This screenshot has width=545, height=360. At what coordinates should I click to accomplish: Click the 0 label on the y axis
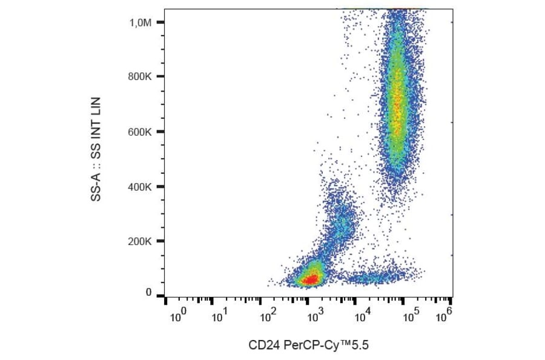pos(148,293)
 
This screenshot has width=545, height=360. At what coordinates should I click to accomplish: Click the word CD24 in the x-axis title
pos(263,346)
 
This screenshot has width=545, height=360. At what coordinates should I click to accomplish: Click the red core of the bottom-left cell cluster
pos(311,279)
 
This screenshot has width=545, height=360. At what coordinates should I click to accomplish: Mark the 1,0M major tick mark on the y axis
pos(160,22)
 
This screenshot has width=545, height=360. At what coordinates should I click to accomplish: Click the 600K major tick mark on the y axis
pos(160,132)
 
